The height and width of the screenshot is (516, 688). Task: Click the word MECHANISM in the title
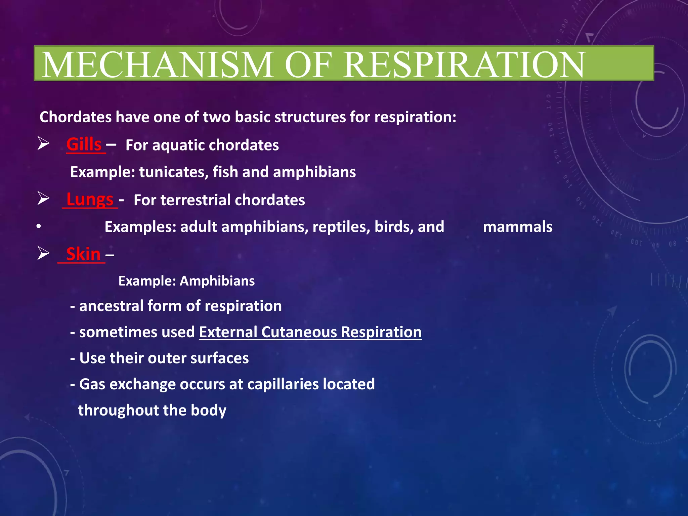tap(157, 64)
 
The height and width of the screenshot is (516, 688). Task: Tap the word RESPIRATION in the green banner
tap(464, 64)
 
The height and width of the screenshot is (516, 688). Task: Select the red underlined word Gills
tap(84, 145)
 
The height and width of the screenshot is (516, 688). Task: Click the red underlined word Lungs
tap(90, 200)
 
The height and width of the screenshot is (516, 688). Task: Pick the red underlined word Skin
tap(83, 254)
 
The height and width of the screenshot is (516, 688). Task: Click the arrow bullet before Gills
tap(43, 143)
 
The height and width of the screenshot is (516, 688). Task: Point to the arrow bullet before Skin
tap(43, 253)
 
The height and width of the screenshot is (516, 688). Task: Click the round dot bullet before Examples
tap(39, 227)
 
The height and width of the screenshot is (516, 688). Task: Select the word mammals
tap(517, 227)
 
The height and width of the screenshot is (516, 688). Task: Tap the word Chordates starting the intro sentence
tap(76, 117)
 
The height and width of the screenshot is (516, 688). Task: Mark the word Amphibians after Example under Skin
tap(217, 281)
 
